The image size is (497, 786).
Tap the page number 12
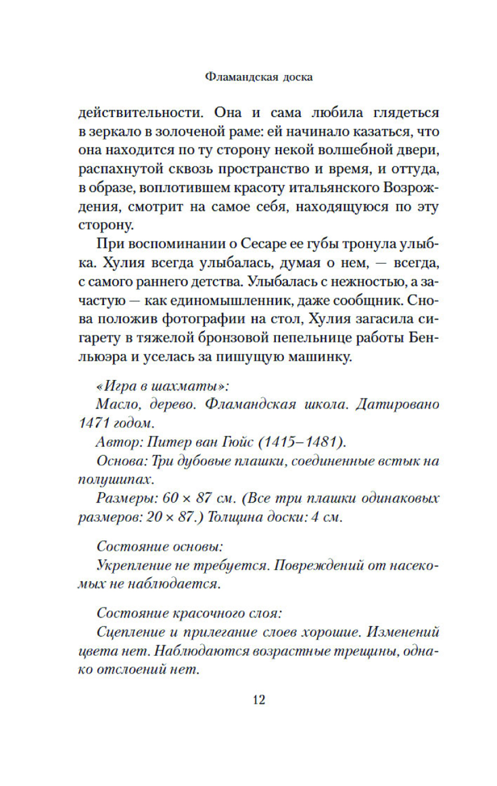click(x=259, y=700)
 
